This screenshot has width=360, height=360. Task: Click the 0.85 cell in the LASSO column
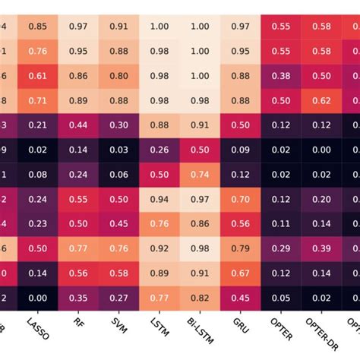pos(38,27)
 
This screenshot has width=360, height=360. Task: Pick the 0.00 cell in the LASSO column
pos(38,297)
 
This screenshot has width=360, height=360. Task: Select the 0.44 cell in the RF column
pos(78,124)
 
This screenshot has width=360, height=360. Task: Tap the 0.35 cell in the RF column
pos(78,297)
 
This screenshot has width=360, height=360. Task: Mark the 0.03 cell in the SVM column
pos(118,149)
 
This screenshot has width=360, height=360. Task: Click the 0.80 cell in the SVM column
pos(118,75)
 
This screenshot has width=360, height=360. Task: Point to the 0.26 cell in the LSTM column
pos(159,149)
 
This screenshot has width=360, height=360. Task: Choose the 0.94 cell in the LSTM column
pos(159,198)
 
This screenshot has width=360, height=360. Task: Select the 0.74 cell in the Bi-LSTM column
pos(200,173)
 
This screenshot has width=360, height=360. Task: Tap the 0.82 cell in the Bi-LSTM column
pos(200,297)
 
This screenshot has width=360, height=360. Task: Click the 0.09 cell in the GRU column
pos(240,149)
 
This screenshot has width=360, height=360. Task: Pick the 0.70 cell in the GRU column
pos(240,198)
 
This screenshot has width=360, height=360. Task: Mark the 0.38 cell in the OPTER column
pos(280,75)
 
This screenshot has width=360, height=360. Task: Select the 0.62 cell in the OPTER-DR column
pos(321,99)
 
